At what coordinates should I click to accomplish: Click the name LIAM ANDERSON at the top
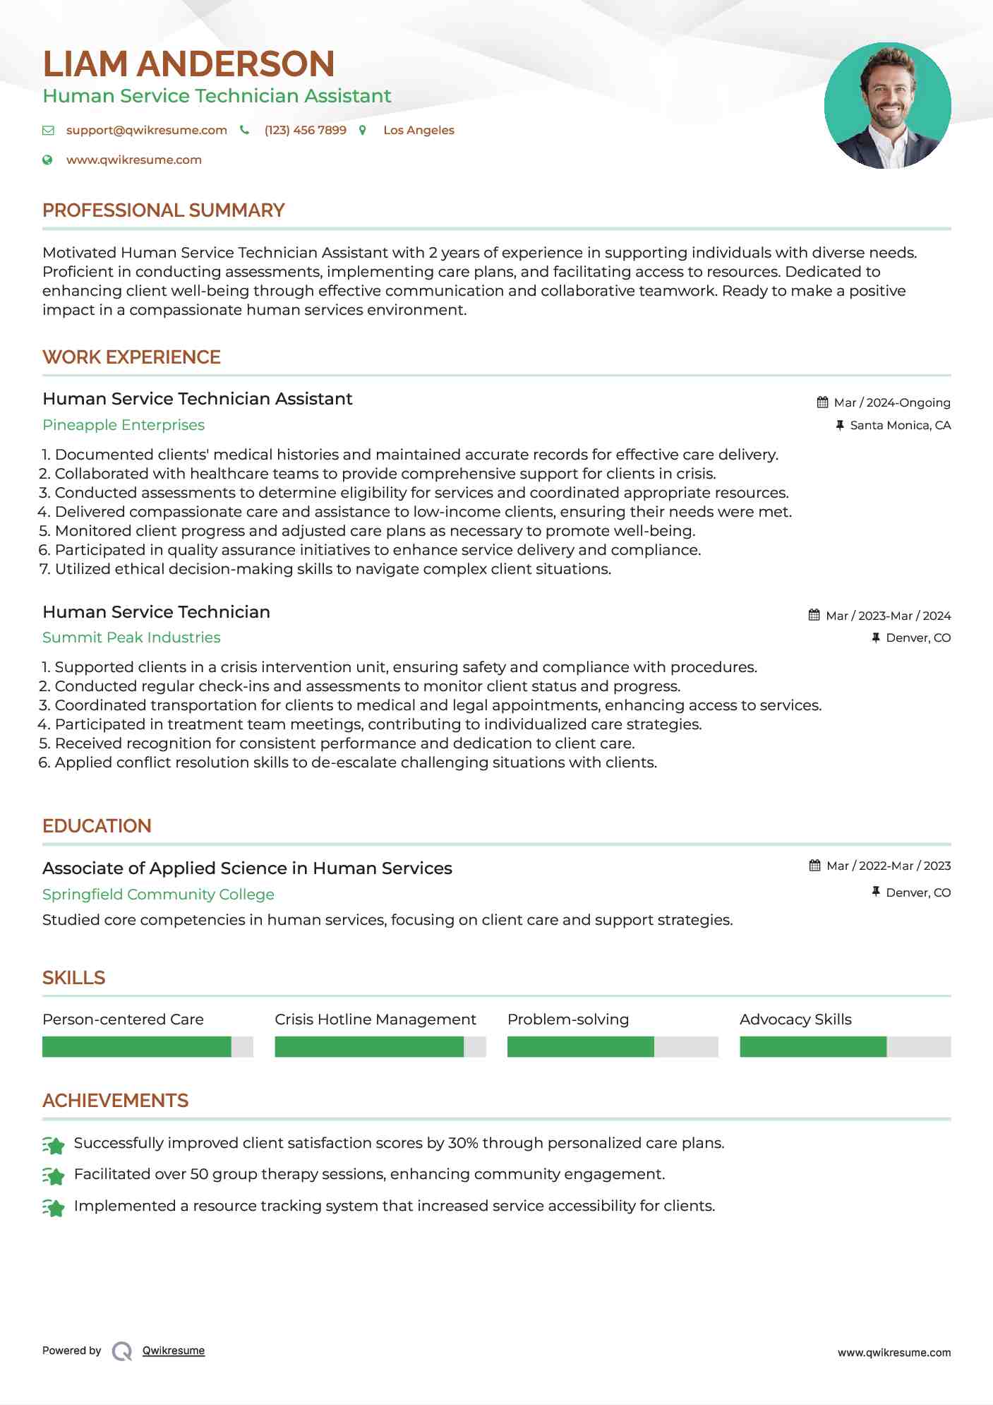(188, 64)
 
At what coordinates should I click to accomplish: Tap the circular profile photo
(887, 106)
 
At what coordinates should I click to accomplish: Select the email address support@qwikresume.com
(146, 131)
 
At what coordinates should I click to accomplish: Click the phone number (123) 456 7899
(305, 131)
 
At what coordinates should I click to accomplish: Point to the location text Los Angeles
(419, 131)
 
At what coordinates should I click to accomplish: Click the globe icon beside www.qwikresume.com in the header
(47, 160)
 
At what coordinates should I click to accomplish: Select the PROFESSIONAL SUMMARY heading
(163, 210)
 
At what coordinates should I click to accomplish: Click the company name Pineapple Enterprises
(124, 425)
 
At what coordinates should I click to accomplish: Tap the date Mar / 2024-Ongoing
(891, 403)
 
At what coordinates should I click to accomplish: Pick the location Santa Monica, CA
(900, 426)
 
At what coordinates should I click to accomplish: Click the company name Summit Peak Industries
(131, 638)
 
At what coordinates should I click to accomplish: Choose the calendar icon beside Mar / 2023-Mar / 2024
(814, 616)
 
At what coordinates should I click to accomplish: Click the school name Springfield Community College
(158, 895)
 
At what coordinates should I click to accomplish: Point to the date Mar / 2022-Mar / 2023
(888, 866)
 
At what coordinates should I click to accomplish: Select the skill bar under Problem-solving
(612, 1046)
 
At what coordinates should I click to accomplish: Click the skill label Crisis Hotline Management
(375, 1020)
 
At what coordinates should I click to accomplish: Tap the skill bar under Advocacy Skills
(845, 1046)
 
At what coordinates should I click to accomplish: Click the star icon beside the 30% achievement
(54, 1144)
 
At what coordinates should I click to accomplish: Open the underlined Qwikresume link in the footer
(174, 1351)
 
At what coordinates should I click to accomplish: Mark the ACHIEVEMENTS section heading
(115, 1101)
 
